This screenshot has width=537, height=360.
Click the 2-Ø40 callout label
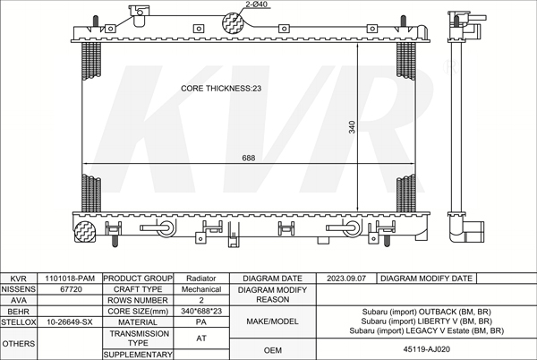pos(257,4)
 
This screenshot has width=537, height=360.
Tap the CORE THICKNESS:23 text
pos(221,89)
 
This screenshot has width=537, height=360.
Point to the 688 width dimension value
pos(249,158)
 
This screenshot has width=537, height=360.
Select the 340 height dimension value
pos(352,127)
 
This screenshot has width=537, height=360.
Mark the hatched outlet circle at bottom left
pos(84,232)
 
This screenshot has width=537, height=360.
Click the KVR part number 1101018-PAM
pos(70,279)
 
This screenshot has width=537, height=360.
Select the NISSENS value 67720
pos(71,289)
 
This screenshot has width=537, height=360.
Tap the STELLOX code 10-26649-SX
pos(70,322)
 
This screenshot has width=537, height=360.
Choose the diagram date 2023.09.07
pos(346,279)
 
